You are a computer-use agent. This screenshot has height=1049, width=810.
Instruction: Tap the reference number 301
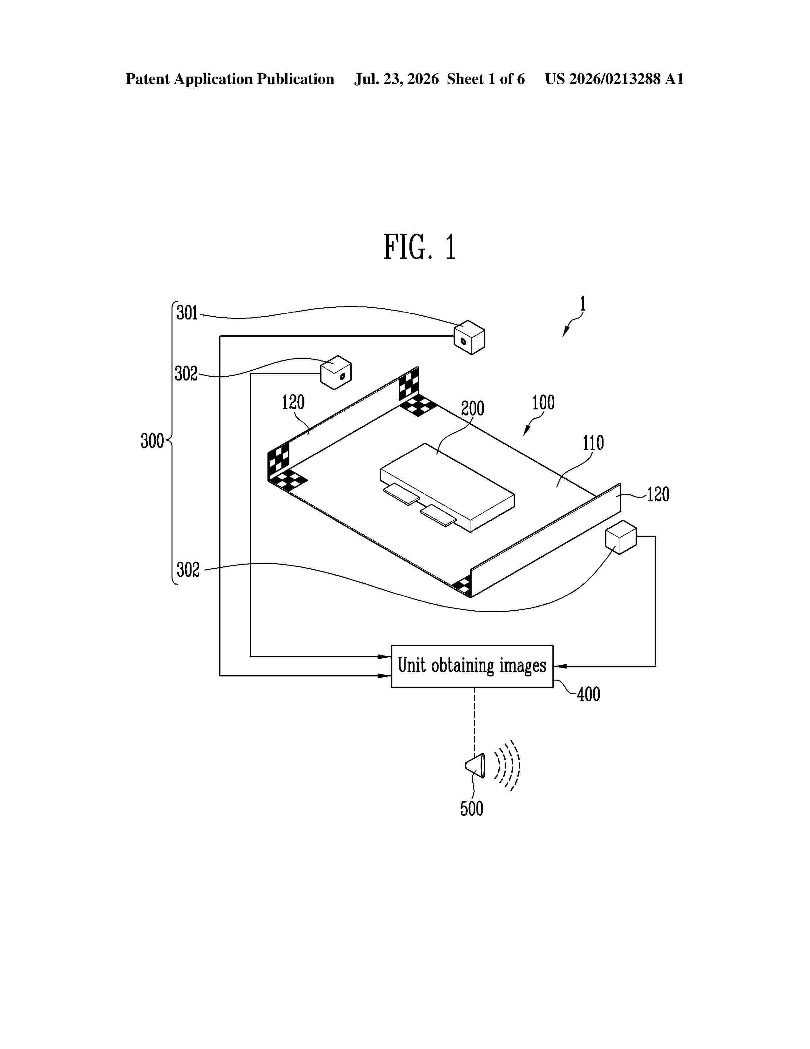(187, 313)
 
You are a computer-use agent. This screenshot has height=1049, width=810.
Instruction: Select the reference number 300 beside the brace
(152, 441)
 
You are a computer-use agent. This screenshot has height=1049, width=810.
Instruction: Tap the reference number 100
(543, 402)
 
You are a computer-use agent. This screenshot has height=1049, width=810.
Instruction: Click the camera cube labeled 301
(469, 337)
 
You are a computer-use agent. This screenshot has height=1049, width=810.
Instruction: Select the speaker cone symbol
(476, 765)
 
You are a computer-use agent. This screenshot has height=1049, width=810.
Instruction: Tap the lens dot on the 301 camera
(463, 341)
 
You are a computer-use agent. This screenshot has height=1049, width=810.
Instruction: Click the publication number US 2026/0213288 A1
(614, 79)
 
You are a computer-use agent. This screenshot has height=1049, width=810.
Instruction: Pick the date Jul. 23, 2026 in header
(396, 79)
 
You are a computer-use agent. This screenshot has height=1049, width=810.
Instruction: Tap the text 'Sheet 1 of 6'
(486, 79)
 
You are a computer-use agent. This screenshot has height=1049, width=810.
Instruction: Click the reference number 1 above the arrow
(583, 304)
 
